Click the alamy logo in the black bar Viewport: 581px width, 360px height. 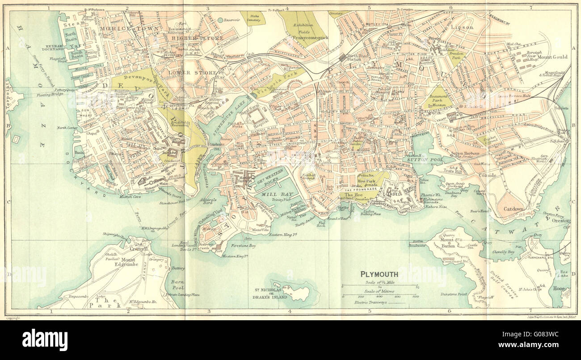coord(45,340)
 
